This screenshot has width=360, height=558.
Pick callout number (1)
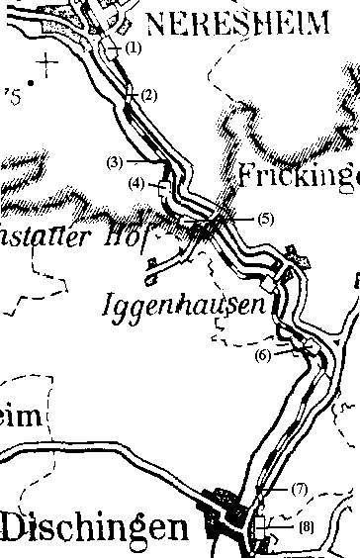(135, 47)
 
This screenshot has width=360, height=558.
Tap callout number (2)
(149, 95)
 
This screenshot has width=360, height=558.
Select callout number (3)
(115, 161)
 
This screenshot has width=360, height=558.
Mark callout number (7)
(300, 489)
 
